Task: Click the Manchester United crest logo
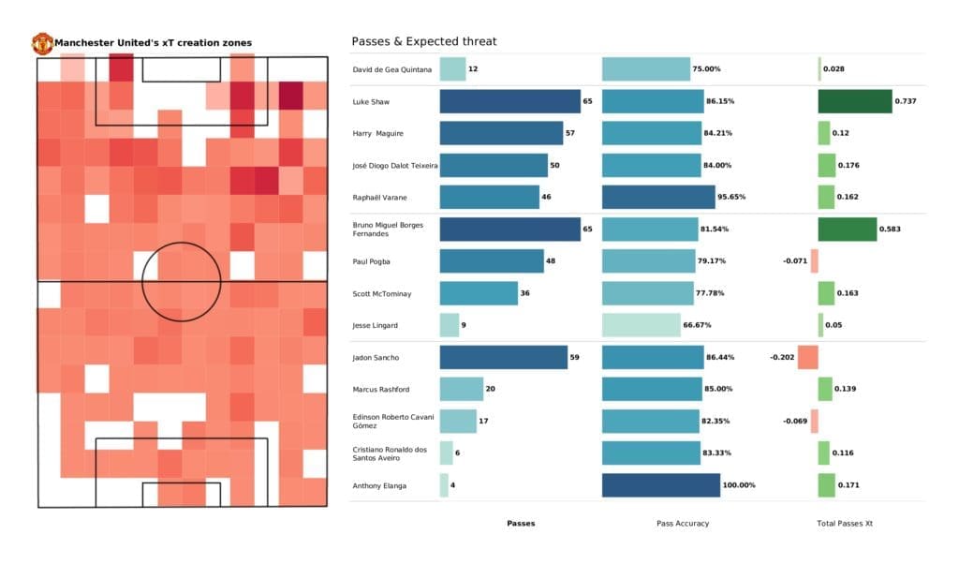point(42,43)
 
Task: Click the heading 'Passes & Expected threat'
point(423,41)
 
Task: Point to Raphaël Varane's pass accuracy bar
point(658,197)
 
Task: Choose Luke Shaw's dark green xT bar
point(855,101)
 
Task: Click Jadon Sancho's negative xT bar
point(807,357)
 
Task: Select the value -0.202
point(782,357)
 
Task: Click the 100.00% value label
point(739,485)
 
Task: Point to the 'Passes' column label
point(521,523)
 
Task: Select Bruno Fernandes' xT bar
point(848,229)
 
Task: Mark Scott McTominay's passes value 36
point(526,293)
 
